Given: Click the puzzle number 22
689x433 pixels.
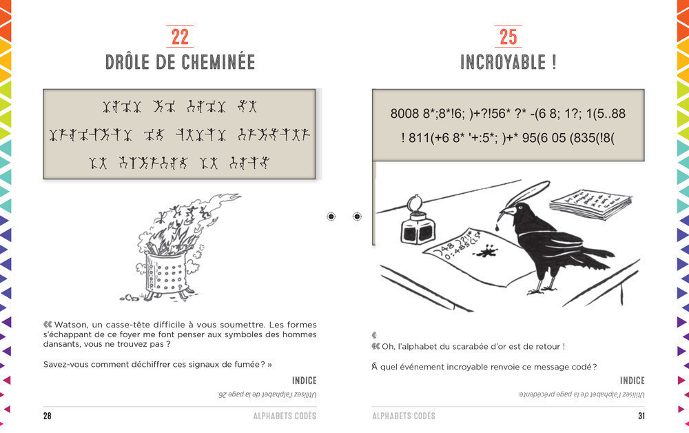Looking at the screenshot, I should (180, 37).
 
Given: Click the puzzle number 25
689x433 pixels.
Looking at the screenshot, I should (508, 37).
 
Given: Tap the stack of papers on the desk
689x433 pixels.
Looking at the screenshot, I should (590, 204).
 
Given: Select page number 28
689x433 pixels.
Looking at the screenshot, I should (48, 416).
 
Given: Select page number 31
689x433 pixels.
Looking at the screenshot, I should (640, 416).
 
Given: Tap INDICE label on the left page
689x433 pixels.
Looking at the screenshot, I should (304, 381).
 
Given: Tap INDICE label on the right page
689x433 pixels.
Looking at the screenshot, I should (632, 381).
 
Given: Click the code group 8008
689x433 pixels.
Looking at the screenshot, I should (404, 114).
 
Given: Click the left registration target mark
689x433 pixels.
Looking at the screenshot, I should (331, 216).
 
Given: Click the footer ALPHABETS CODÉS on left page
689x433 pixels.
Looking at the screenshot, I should (285, 416).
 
